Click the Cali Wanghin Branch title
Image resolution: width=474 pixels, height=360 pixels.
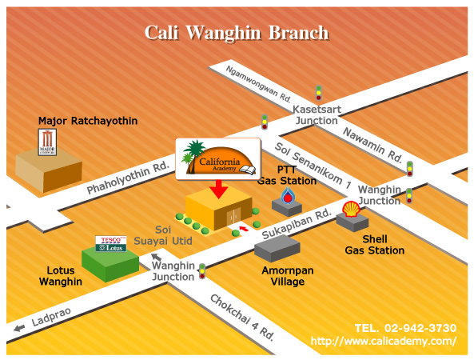click(x=237, y=33)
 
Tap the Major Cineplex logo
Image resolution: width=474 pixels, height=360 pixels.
click(x=47, y=142)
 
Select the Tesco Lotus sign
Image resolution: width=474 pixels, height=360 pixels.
click(x=111, y=244)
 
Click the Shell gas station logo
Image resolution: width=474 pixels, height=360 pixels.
click(x=351, y=209)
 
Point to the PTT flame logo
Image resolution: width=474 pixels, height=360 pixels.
click(x=288, y=195)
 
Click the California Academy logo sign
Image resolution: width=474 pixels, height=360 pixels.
click(x=218, y=159)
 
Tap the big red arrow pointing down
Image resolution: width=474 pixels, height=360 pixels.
click(x=219, y=189)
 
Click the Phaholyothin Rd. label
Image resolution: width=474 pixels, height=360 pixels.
click(x=128, y=178)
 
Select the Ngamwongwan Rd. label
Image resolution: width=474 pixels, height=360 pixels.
click(x=258, y=84)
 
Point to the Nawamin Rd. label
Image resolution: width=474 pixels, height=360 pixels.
click(x=372, y=145)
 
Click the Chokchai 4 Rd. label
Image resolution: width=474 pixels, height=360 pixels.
click(x=242, y=318)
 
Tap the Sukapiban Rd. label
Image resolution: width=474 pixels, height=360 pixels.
click(x=297, y=224)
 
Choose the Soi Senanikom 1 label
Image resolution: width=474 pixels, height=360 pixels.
click(x=313, y=166)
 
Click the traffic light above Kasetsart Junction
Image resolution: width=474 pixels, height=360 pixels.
click(x=319, y=93)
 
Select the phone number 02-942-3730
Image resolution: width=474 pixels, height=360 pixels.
click(x=420, y=328)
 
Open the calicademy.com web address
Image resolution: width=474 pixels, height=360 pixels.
click(x=384, y=341)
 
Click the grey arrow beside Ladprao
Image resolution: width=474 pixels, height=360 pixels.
click(x=19, y=328)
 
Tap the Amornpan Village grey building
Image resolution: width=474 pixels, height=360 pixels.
click(x=277, y=248)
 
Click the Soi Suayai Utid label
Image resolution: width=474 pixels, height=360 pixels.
click(x=163, y=235)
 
